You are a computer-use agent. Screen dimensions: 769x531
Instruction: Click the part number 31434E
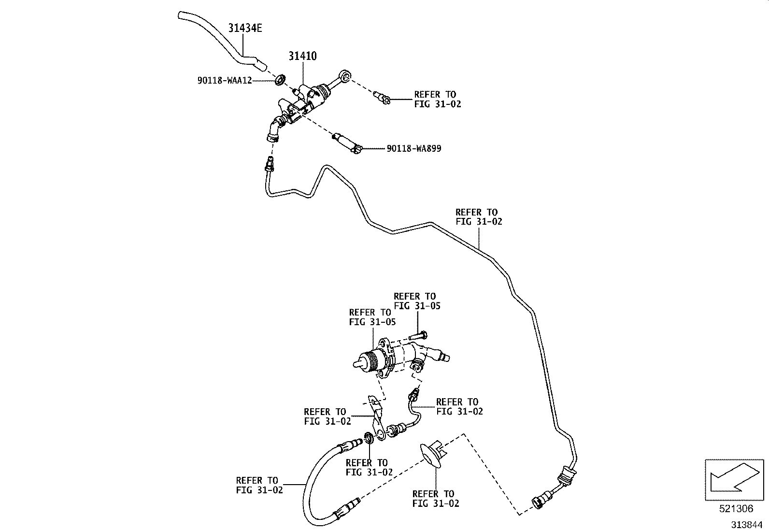coord(245,28)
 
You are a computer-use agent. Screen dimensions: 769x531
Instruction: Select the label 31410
coord(302,56)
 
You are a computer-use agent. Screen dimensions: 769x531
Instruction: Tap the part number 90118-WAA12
coord(225,80)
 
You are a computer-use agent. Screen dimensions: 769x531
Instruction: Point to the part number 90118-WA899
coord(414,149)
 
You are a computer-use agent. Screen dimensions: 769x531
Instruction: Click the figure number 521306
coord(736,508)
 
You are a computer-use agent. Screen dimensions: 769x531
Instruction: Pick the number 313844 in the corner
coord(747,525)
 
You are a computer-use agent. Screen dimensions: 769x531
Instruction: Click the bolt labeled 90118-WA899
coord(347,143)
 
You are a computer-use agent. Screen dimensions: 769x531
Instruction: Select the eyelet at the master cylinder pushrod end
coord(344,75)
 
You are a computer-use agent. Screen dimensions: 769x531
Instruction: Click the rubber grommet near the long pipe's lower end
coord(566,476)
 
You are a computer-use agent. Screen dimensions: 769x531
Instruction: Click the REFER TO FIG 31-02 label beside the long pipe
coord(479,217)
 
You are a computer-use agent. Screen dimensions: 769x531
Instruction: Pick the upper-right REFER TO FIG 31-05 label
coord(417,301)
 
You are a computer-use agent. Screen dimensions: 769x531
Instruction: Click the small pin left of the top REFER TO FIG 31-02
coord(382,98)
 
